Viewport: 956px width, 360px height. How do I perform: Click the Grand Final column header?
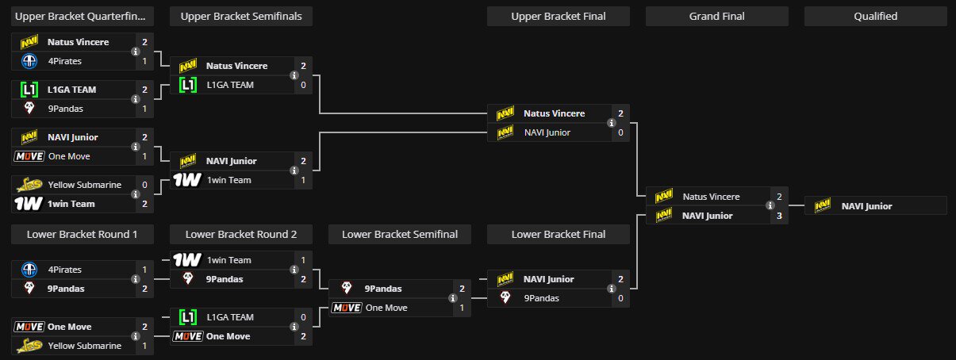pos(716,16)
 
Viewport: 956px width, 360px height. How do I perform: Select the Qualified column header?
pos(875,16)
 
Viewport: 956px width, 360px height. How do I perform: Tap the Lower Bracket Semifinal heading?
pos(399,234)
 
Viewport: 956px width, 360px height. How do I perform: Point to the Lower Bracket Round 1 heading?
pos(82,234)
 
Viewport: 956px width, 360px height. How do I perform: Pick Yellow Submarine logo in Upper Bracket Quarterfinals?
pos(28,185)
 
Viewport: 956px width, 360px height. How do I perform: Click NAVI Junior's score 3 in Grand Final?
pos(779,216)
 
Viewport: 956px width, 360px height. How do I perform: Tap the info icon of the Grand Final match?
pos(770,206)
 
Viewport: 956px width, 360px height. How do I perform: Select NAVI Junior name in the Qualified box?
pos(866,206)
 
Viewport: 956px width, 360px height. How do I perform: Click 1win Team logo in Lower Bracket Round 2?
pos(186,260)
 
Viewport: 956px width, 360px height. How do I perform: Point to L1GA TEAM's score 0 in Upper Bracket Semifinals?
pos(303,85)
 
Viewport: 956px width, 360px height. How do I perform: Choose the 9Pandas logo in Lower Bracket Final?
pos(504,298)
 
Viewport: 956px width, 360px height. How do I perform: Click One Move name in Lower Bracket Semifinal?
pos(386,308)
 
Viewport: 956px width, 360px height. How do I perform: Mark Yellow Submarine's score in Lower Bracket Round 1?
pos(144,346)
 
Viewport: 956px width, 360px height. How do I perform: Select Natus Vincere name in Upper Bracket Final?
pos(554,113)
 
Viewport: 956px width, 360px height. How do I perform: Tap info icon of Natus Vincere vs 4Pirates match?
pos(135,52)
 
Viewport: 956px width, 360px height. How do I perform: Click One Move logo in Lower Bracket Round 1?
pos(28,327)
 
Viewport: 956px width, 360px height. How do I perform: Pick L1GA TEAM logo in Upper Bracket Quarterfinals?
pos(28,90)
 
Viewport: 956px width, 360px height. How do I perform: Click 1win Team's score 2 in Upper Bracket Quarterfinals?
pos(144,204)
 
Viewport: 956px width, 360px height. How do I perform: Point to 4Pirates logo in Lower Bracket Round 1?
pos(28,270)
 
